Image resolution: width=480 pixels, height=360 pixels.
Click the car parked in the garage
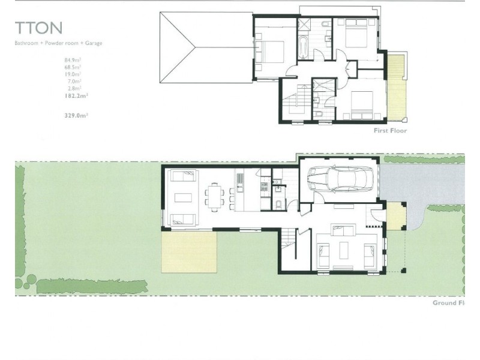pos(340,178)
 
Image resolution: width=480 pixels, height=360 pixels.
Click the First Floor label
pos(390,130)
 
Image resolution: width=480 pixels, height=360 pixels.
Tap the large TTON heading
pos(38,28)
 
